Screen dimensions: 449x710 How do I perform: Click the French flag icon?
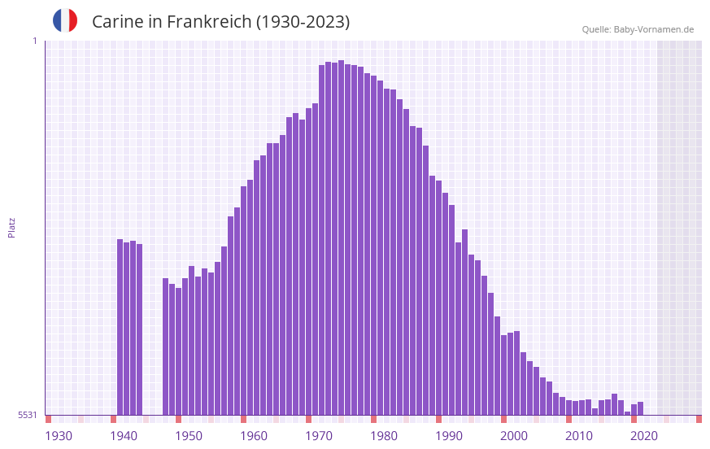click(65, 20)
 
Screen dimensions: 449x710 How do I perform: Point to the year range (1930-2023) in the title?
click(303, 22)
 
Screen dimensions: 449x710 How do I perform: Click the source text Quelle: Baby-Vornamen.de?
click(638, 29)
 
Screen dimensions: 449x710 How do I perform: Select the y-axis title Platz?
click(11, 227)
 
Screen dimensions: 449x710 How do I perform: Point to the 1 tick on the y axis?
click(34, 41)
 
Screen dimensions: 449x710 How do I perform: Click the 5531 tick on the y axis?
click(28, 415)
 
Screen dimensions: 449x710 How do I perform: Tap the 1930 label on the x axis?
click(59, 436)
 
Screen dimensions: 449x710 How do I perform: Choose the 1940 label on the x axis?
click(124, 436)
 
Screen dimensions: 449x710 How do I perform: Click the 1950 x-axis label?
click(189, 436)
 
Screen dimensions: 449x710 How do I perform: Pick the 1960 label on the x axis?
click(254, 436)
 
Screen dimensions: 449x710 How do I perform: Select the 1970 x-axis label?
click(319, 436)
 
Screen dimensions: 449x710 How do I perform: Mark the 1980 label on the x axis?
click(384, 436)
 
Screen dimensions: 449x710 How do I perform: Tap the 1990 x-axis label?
click(449, 436)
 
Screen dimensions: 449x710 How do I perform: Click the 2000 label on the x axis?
click(514, 436)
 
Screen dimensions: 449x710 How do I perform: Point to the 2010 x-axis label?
click(579, 436)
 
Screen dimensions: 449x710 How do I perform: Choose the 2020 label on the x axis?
click(644, 436)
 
